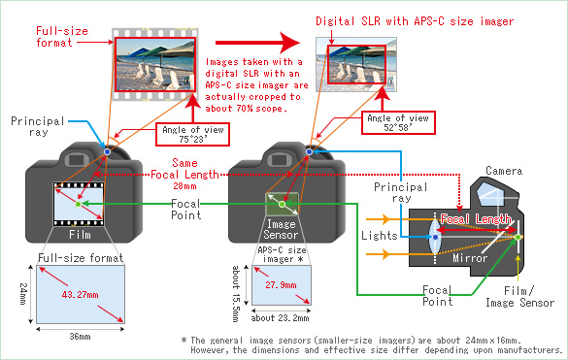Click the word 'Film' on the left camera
[x=80, y=234]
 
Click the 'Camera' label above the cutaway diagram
[x=505, y=171]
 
